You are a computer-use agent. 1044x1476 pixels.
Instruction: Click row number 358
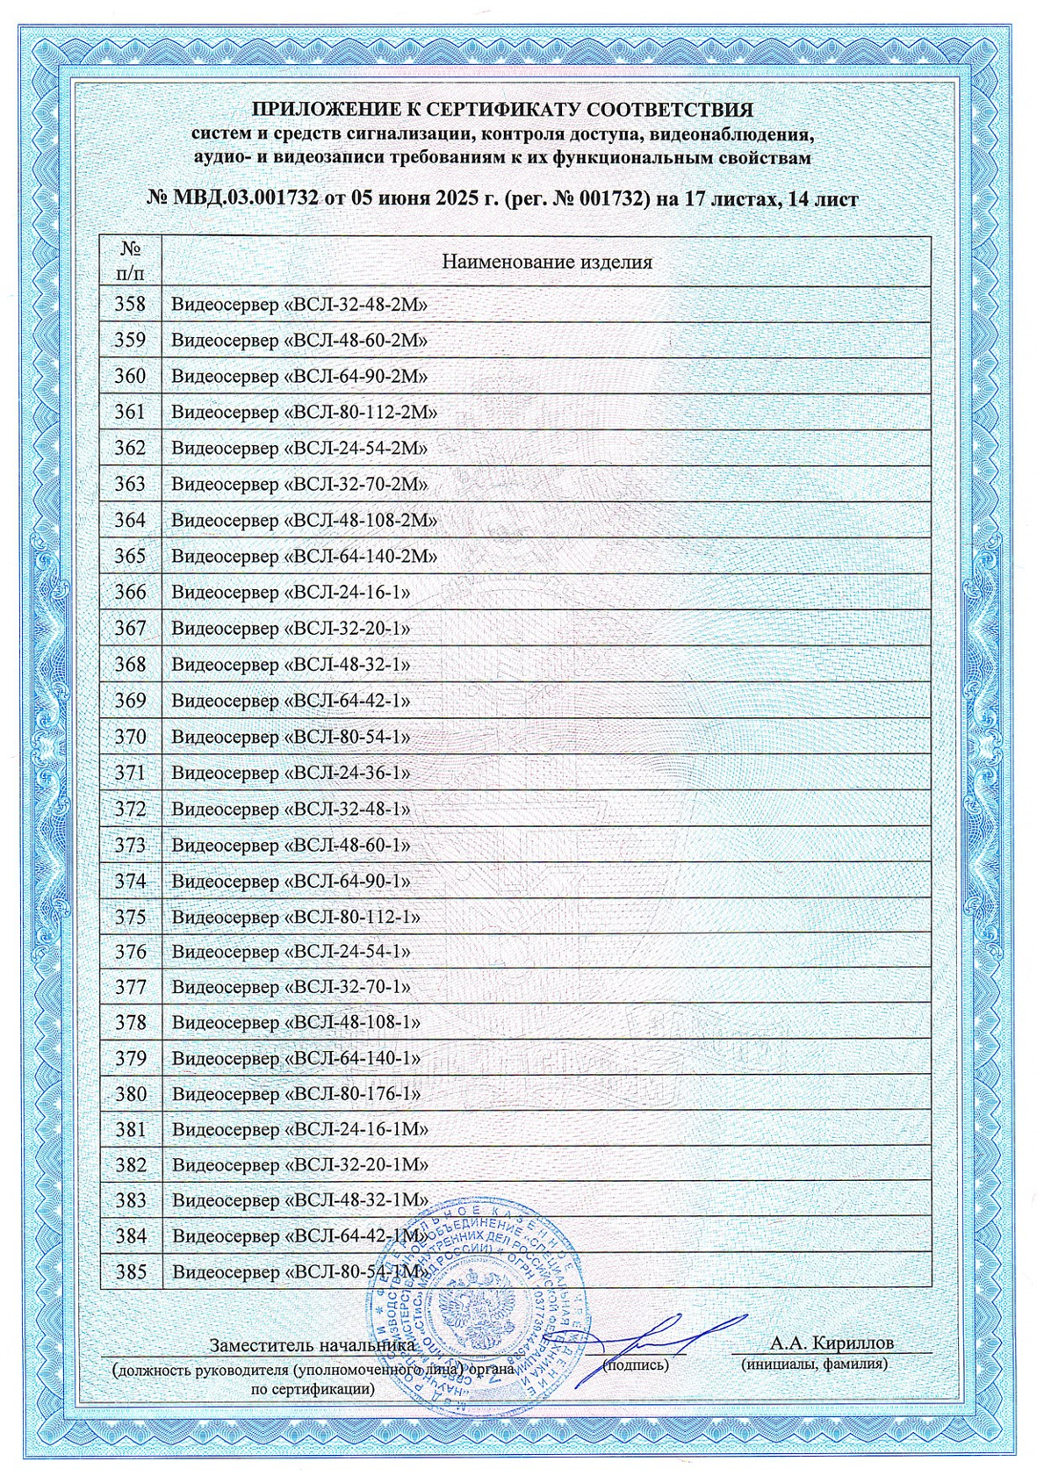pyautogui.click(x=130, y=305)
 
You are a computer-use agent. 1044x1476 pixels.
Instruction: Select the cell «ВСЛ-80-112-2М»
pyautogui.click(x=304, y=412)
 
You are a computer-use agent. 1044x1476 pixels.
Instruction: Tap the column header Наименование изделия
pyautogui.click(x=546, y=262)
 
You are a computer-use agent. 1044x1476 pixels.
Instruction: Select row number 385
pyautogui.click(x=130, y=1271)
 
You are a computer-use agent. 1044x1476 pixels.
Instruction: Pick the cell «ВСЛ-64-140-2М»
pyautogui.click(x=304, y=556)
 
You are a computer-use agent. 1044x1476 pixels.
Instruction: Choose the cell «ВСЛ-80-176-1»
pyautogui.click(x=296, y=1094)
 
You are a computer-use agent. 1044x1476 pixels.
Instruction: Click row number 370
pyautogui.click(x=130, y=736)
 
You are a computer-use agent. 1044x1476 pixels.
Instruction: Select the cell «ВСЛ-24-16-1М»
pyautogui.click(x=299, y=1130)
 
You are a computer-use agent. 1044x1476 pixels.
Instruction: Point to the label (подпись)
pyautogui.click(x=637, y=1365)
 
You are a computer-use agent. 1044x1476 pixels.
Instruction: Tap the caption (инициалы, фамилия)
pyautogui.click(x=814, y=1365)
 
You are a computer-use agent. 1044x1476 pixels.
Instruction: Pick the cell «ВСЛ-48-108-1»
pyautogui.click(x=296, y=1023)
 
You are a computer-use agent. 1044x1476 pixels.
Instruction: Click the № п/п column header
pyautogui.click(x=130, y=260)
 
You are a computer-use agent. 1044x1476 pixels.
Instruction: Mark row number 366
pyautogui.click(x=130, y=593)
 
